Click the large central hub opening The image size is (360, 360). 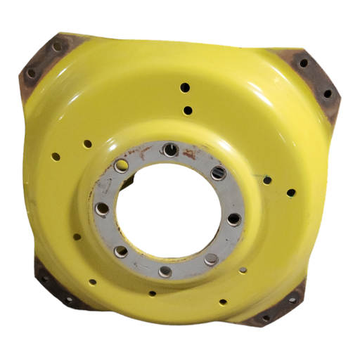pyautogui.click(x=165, y=210)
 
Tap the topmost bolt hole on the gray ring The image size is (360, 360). pyautogui.click(x=169, y=149)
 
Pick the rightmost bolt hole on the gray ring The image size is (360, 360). pyautogui.click(x=233, y=219)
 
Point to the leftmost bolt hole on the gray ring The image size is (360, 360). pyautogui.click(x=101, y=209)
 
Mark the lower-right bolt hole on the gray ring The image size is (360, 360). pyautogui.click(x=210, y=259)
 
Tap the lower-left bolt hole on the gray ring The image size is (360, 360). pyautogui.click(x=120, y=250)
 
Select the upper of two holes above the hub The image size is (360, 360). pyautogui.click(x=186, y=88)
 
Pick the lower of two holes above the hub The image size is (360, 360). pyautogui.click(x=187, y=110)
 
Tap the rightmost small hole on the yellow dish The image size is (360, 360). pyautogui.click(x=290, y=191)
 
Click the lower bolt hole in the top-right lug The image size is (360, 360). pyautogui.click(x=327, y=93)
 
